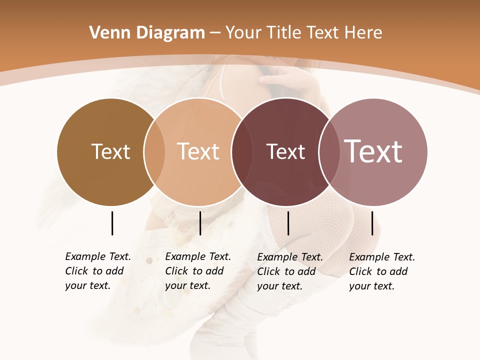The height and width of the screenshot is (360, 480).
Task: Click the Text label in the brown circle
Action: (110, 151)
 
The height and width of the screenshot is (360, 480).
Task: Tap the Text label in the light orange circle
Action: (198, 151)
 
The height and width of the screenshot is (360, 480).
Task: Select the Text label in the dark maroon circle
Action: (285, 151)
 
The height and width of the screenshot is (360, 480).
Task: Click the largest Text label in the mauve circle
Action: (373, 151)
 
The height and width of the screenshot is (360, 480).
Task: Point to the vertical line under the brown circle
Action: (112, 223)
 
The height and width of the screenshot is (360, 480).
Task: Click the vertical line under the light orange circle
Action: (200, 223)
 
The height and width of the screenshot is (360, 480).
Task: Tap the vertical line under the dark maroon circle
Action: (288, 223)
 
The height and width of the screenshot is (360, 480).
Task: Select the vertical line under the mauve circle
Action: (372, 223)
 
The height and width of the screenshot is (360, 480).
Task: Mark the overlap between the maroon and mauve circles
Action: (329, 151)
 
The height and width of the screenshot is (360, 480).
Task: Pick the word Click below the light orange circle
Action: (176, 271)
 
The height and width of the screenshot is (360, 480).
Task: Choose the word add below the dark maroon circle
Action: (306, 271)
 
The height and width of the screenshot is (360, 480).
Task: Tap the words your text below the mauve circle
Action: (371, 286)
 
